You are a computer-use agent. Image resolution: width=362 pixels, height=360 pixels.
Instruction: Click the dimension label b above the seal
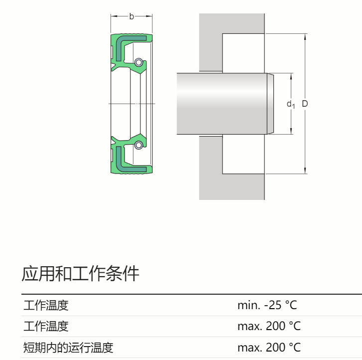(x=131, y=16)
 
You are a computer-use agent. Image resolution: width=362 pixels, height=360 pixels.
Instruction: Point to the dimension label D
(x=305, y=104)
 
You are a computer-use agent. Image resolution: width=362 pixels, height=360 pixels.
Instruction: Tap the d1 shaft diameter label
(x=291, y=104)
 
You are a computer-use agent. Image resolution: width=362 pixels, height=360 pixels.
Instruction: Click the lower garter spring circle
(x=138, y=145)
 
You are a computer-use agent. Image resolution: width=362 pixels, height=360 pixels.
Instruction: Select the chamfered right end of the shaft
(x=270, y=104)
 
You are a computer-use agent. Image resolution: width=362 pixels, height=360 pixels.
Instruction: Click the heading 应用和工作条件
(x=80, y=274)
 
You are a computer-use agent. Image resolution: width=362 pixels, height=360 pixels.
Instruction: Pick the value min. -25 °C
(x=267, y=305)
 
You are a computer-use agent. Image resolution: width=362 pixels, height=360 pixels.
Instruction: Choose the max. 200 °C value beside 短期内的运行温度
(x=269, y=348)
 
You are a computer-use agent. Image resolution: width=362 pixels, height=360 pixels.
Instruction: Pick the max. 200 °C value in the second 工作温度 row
(x=269, y=327)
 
